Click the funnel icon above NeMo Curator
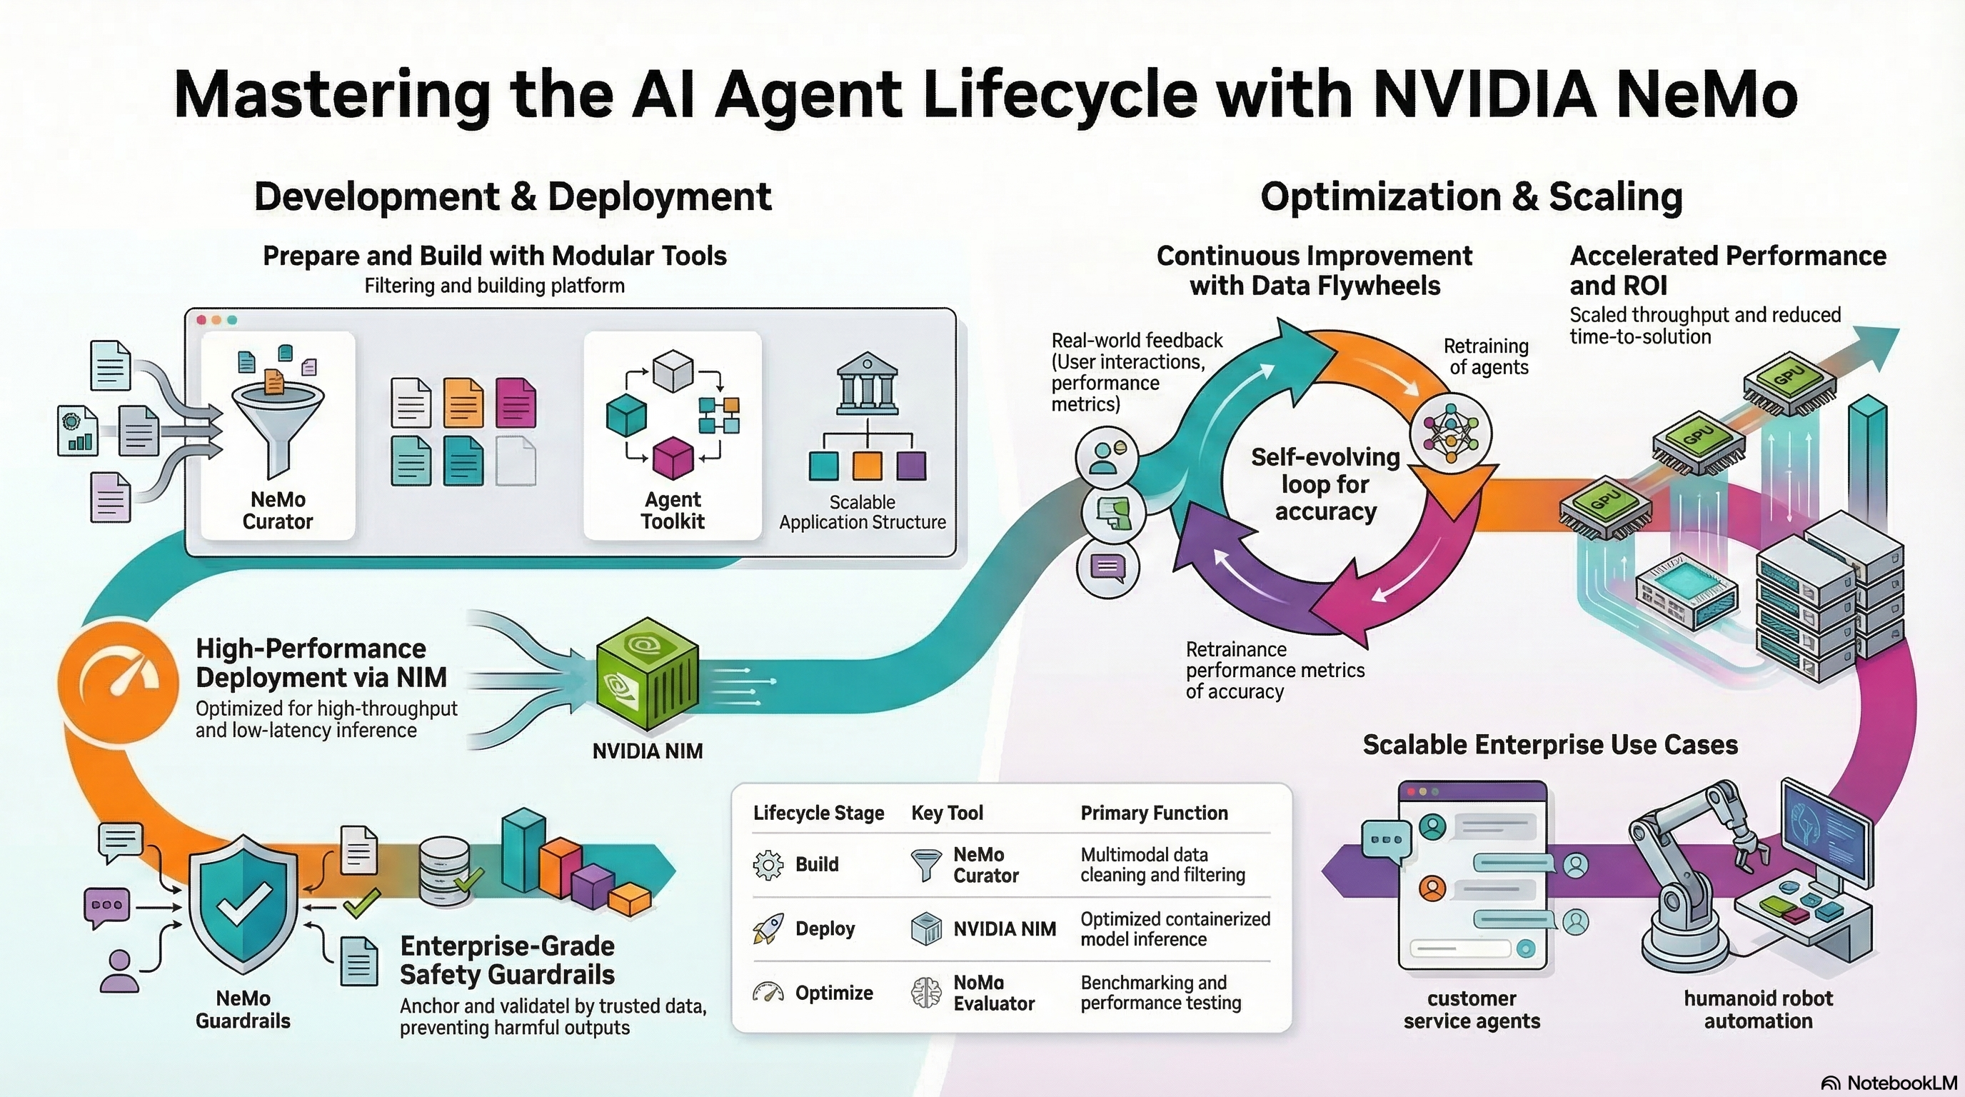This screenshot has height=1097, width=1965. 278,427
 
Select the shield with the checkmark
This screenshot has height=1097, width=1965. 243,904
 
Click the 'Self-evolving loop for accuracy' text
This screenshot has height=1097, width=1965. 1326,484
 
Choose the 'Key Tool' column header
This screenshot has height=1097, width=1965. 947,813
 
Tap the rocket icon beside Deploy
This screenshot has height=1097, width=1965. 768,928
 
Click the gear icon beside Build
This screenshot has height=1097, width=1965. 768,864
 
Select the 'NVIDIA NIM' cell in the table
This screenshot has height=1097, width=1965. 1005,929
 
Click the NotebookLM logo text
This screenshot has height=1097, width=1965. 1901,1083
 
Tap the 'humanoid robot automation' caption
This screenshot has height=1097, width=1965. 1758,1009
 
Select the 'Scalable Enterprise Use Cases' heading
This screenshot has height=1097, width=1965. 1550,745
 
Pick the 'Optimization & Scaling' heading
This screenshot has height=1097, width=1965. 1472,197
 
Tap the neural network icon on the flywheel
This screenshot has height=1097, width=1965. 1450,434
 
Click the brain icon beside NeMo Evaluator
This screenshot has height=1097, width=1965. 926,993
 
